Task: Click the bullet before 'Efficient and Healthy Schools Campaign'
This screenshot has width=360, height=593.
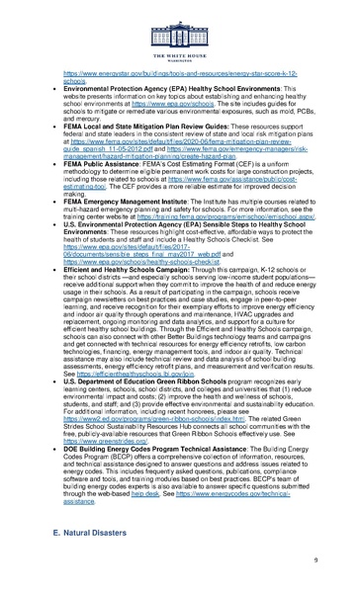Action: [51, 296]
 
